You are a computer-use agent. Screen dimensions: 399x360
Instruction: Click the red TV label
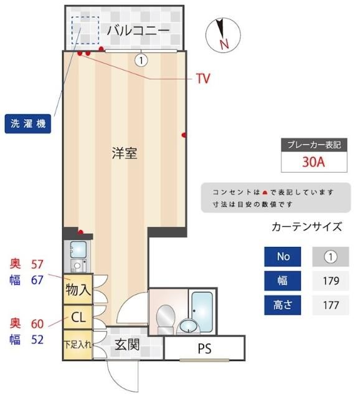point(202,79)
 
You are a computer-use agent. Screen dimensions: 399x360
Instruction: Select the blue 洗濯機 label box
point(29,123)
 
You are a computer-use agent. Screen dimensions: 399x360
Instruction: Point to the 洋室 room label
point(124,153)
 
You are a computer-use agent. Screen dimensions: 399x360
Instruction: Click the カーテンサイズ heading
point(306,226)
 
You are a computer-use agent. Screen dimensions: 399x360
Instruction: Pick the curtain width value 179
point(330,281)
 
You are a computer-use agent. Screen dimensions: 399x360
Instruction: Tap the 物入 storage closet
point(78,290)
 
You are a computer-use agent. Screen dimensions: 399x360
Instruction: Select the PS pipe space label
point(204,349)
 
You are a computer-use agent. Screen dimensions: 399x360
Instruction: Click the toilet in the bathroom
point(166,318)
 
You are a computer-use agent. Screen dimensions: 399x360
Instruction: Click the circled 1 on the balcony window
point(141,60)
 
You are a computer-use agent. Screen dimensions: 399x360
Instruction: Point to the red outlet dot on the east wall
point(184,135)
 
